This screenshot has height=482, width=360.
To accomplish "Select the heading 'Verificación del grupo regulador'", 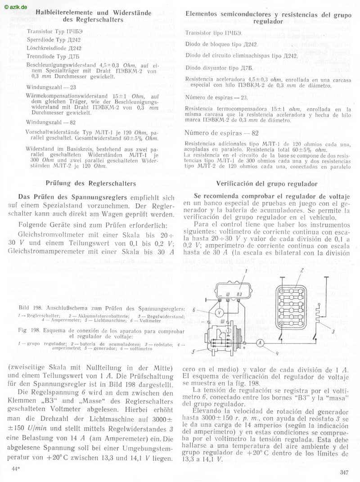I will coord(267,184).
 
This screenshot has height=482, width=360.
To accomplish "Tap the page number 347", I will coord(344,472).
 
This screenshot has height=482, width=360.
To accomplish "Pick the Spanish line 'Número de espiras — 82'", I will coord(222,133).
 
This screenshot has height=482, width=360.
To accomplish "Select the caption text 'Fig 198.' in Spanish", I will coord(28,330).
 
